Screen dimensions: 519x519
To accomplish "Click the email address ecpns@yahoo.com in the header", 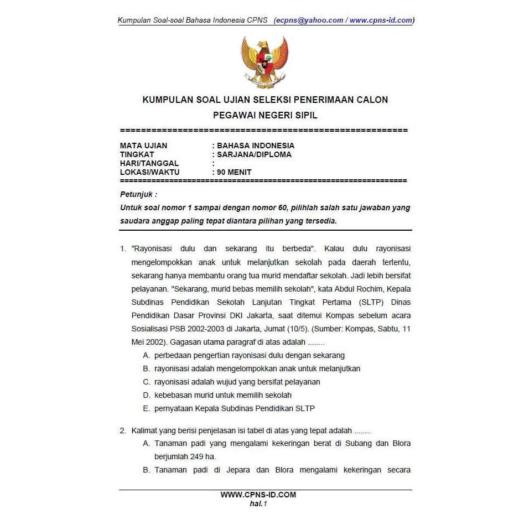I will tap(310, 20).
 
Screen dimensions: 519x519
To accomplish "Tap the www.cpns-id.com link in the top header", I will tap(381, 20).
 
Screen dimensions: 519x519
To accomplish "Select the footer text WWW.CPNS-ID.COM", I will tap(258, 495).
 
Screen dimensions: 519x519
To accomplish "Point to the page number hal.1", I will tap(258, 503).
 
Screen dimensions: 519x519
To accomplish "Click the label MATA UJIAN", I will tap(143, 146).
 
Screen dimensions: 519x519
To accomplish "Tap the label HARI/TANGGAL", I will tap(149, 163).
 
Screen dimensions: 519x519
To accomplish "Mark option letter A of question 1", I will tap(146, 355).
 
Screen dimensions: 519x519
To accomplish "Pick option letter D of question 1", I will tap(146, 395).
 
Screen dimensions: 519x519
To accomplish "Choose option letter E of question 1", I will tap(146, 408).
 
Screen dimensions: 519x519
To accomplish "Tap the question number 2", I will tap(123, 430).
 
